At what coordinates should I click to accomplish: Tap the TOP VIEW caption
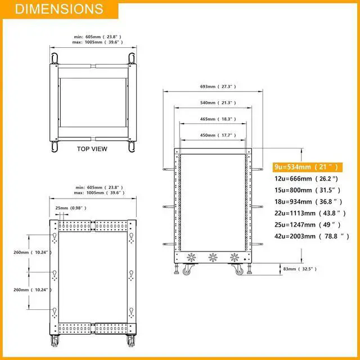tap(92, 150)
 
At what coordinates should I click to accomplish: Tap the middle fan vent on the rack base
tap(213, 258)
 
